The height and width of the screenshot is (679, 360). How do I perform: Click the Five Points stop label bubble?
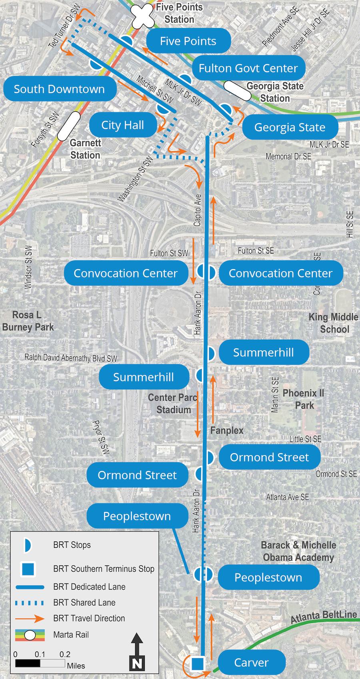pos(188,41)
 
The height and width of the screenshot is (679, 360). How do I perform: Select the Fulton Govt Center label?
pos(248,68)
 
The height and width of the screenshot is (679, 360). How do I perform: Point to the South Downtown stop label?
pos(59,89)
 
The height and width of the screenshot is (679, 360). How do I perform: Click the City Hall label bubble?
pos(122,125)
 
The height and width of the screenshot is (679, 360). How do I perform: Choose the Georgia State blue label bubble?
pos(290,128)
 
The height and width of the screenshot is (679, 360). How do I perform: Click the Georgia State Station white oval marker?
pos(237,91)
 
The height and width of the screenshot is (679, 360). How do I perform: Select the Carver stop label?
pos(251,663)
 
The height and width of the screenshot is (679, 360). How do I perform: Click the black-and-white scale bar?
pos(40,663)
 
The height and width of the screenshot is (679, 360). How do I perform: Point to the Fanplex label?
pos(227,430)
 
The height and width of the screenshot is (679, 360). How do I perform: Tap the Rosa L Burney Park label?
pos(28,321)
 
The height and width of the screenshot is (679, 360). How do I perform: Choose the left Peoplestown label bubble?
pos(137,516)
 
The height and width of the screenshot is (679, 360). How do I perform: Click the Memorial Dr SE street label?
pos(288,156)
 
